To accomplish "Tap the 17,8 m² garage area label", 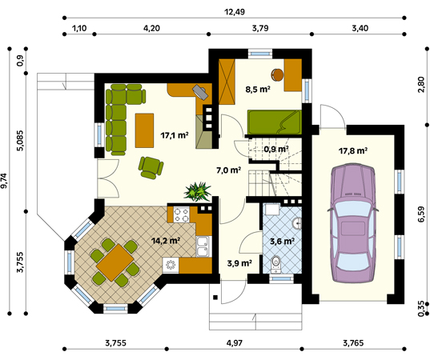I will tap(353, 150).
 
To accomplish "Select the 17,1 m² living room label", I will tap(175, 135).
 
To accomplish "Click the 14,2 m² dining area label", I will tap(166, 238).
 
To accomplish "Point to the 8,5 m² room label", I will tap(257, 90).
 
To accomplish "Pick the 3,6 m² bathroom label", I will tap(283, 240).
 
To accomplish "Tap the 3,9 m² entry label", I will tap(239, 262).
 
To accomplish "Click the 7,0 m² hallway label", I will tap(228, 170).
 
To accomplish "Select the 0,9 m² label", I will tap(276, 148).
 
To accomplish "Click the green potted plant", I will tap(196, 193).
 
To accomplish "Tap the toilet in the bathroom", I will tap(276, 262).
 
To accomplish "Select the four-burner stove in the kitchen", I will tap(179, 215).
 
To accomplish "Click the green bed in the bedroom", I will tap(273, 122).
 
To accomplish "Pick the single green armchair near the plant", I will tap(150, 166).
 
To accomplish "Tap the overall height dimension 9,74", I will tap(6, 180).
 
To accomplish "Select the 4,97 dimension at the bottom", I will tap(234, 343).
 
